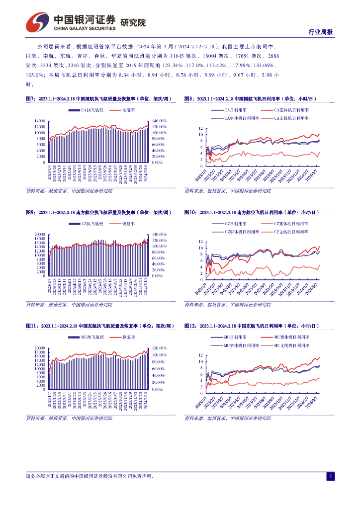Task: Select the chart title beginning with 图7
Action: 99,99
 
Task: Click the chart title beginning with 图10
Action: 252,212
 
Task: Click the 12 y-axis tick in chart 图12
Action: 200,355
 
